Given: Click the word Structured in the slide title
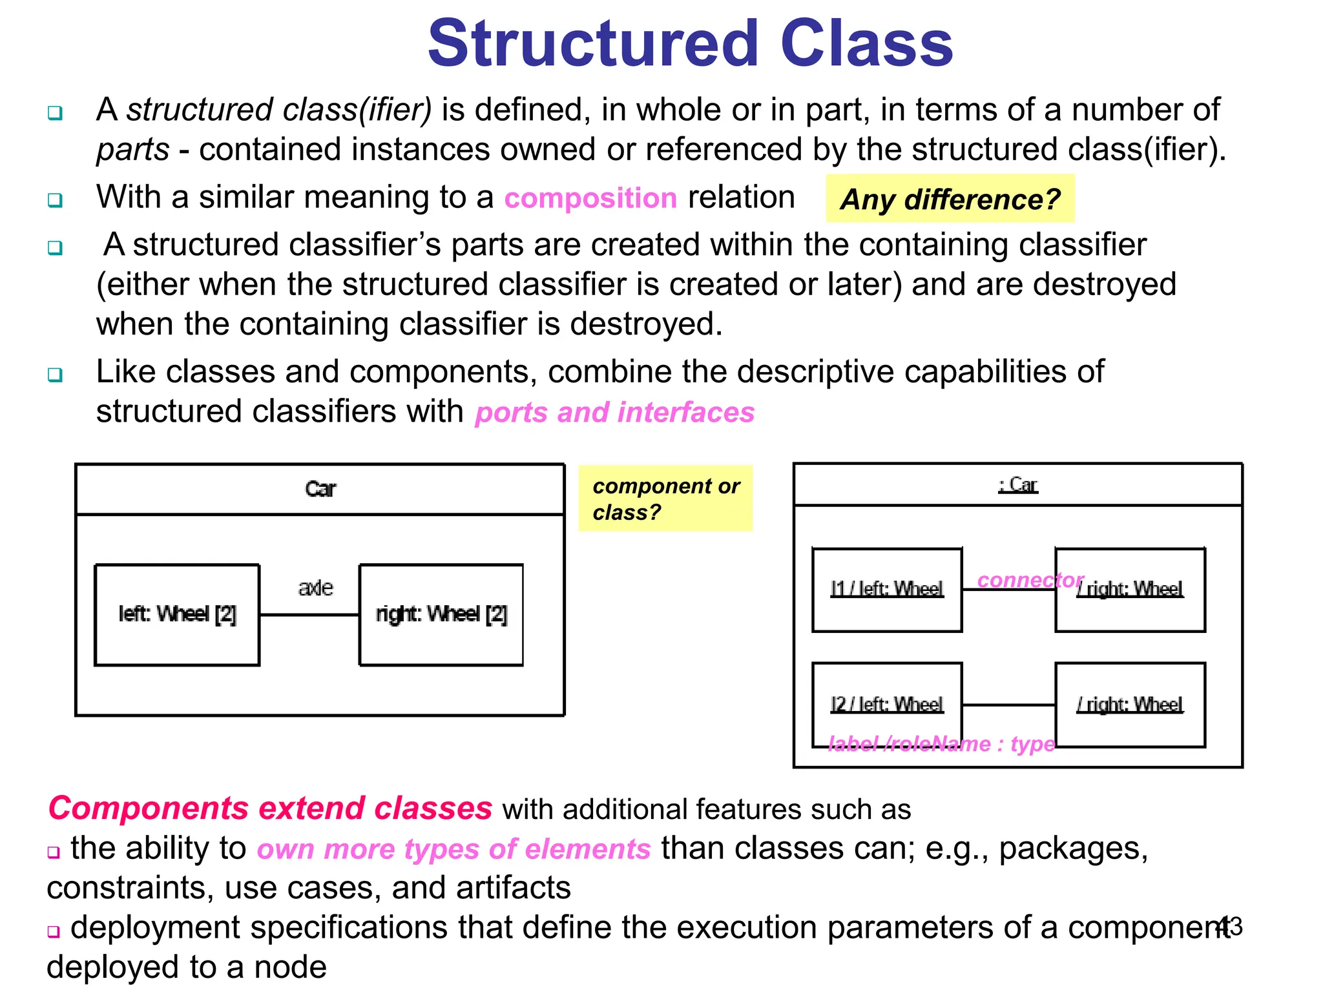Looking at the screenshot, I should pos(593,44).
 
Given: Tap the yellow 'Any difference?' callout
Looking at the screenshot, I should pos(950,199).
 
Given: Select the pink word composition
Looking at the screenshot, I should pos(590,198).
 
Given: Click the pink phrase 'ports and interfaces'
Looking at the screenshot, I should pos(614,413).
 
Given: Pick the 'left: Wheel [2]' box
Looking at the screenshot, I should pos(177,614).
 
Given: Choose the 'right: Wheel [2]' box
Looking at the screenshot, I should pos(441,614).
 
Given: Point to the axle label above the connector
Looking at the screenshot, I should pos(315,588).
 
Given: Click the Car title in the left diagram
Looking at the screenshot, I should pos(320,489).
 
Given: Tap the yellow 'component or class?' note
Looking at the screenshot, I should pos(665,499).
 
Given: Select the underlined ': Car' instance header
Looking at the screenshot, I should pos(1017,485).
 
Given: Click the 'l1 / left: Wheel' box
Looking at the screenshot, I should pos(887,590).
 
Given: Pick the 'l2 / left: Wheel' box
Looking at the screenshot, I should pos(887,704).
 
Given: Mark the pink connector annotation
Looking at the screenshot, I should pos(1030,581).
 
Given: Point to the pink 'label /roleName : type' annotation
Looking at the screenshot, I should pos(941,744).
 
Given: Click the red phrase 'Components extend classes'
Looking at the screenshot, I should pos(270,809).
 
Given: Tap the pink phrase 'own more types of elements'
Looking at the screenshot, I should pos(453,849).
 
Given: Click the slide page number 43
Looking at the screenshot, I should pos(1229,927).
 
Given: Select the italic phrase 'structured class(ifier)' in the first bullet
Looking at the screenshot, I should pos(279,110).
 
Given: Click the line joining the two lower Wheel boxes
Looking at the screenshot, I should pos(1008,705).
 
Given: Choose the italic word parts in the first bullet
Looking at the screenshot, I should pos(132,150).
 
